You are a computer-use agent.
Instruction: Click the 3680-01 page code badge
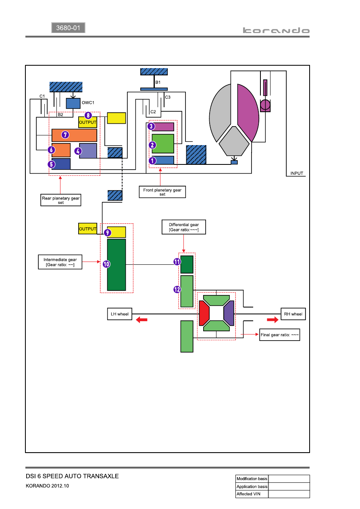68,28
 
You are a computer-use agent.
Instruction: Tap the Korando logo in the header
276,30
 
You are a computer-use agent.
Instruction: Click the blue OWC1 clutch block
73,103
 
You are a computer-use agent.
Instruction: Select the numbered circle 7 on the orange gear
65,135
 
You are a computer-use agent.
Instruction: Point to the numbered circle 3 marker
151,126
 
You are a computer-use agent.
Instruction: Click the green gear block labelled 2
163,143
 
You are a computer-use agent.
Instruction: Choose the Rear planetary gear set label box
61,200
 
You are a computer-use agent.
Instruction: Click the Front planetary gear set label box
162,192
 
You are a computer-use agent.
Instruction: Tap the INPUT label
297,173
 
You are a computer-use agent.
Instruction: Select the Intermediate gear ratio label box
60,262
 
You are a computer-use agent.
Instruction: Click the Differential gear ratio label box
184,227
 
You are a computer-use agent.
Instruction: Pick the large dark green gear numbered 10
117,265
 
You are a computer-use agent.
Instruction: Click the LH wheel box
120,314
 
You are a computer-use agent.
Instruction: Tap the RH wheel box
293,314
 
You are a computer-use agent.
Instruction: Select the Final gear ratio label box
279,335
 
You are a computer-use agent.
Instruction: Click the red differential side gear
204,313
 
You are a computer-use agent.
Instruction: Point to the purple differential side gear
229,313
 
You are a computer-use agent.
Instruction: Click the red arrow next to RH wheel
273,320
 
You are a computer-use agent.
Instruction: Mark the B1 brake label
158,82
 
